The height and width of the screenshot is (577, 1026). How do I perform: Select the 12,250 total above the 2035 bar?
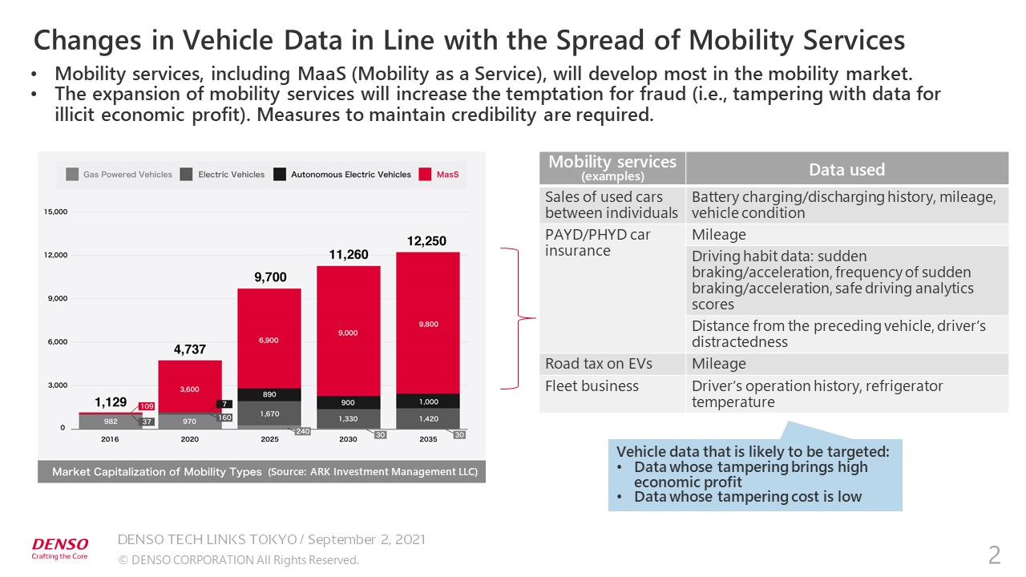tap(427, 241)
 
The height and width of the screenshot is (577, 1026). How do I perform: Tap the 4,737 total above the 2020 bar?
tap(190, 349)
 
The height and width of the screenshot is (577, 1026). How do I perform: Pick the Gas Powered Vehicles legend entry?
tap(119, 174)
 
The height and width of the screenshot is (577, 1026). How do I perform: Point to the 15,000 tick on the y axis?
tap(55, 212)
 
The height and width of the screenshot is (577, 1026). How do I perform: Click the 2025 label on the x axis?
tap(269, 440)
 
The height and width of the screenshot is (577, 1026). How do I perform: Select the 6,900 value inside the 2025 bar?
tap(269, 341)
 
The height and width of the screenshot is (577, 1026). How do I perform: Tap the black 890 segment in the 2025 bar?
tap(269, 395)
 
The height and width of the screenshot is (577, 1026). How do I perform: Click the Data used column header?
tap(846, 169)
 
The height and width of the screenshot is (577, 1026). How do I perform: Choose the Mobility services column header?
tap(612, 167)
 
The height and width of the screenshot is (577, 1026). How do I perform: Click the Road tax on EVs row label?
tap(598, 364)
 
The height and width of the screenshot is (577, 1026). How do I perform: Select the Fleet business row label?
tap(592, 386)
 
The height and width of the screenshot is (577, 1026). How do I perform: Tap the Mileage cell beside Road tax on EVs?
tap(718, 364)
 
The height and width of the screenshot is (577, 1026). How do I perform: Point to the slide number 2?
tap(994, 554)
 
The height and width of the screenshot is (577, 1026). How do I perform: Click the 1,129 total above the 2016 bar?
tap(111, 402)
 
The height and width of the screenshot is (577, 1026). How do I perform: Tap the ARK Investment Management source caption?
tap(374, 472)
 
